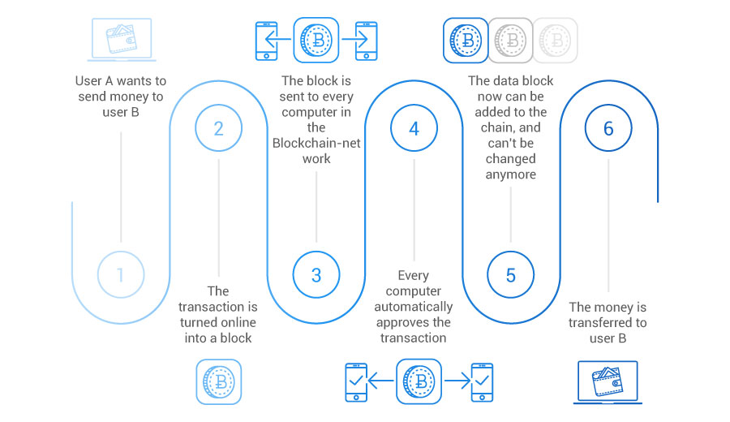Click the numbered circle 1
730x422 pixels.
pos(120,274)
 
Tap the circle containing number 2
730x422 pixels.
pos(218,128)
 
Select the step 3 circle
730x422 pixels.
pos(316,274)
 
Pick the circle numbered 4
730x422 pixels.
pos(414,128)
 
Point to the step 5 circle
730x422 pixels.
pos(510,274)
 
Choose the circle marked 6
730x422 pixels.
pos(608,128)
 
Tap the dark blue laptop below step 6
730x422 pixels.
pos(608,382)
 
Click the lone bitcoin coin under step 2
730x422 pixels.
pos(218,382)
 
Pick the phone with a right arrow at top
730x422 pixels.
pos(366,40)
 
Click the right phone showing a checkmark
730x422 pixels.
pos(482,382)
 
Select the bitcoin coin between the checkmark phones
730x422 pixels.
pos(419,382)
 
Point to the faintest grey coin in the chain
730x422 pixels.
pos(555,40)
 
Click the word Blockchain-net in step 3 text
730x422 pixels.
pos(317,143)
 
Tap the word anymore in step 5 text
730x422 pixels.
pos(510,174)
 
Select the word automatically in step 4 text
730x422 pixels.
pos(414,306)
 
